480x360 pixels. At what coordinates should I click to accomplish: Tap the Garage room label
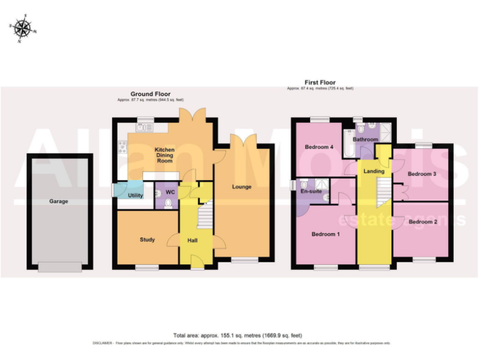point(59,201)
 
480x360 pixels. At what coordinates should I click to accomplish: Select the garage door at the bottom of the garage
point(59,267)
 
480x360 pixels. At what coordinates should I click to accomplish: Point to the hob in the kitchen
point(122,147)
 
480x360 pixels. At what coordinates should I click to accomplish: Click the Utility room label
point(135,196)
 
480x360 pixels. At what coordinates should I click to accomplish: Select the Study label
point(147,239)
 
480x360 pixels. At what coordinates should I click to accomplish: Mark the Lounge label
point(242,187)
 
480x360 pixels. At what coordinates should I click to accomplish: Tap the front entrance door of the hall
point(197,267)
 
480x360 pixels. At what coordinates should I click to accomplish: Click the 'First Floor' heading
point(320,82)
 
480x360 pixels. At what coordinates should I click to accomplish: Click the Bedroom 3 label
point(421,174)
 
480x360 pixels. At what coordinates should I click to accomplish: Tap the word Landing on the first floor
point(374,171)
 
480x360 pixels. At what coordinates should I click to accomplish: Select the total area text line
point(240,336)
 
